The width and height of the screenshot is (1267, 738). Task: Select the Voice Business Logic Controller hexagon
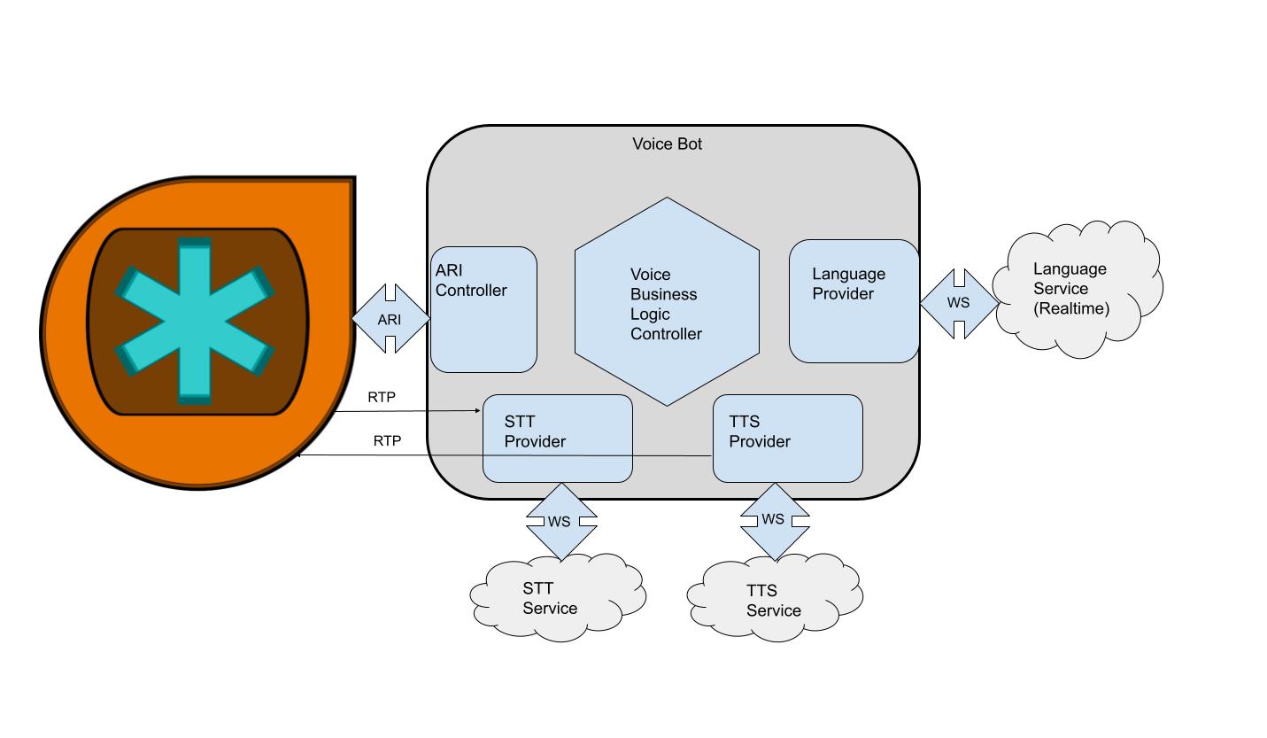(667, 301)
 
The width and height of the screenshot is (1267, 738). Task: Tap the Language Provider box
(854, 301)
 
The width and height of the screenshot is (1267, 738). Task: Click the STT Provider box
(558, 439)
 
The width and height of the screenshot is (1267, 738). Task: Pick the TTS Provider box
(787, 439)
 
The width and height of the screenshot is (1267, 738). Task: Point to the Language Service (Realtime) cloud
(1076, 289)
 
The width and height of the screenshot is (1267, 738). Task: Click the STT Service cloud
(556, 598)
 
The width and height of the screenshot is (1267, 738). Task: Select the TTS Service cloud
(775, 600)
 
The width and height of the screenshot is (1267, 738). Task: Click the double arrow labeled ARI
(390, 319)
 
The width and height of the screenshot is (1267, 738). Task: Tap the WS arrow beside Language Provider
(959, 303)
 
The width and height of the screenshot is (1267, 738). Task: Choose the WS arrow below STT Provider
(560, 521)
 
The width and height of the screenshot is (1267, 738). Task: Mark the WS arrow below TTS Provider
(774, 519)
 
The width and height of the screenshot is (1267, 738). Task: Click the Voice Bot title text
(667, 144)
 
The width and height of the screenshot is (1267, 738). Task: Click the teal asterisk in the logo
(195, 320)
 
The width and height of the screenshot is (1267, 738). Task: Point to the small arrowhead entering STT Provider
(478, 410)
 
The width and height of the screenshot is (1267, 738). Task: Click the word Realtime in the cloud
(1071, 308)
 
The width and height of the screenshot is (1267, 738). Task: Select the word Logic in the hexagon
(650, 315)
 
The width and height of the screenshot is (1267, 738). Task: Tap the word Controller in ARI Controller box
(471, 291)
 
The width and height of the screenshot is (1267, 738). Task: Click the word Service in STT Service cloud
(550, 609)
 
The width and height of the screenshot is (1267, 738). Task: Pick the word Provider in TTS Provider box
(760, 441)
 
